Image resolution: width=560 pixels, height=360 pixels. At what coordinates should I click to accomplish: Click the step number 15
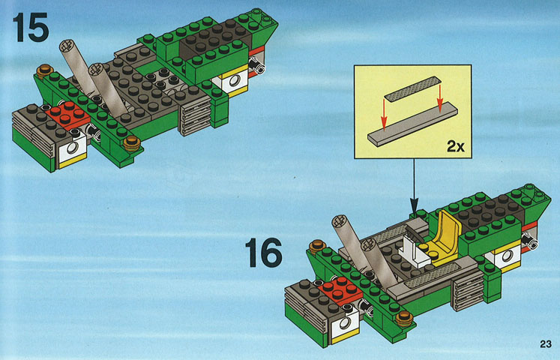pos(30,28)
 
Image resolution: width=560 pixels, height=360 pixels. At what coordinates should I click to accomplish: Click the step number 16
pos(264,253)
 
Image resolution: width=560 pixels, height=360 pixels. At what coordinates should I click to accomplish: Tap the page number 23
pos(546,344)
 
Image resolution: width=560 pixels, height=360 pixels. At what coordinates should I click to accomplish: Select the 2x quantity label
pos(456,146)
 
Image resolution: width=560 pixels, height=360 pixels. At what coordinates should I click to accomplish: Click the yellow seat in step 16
pos(444,238)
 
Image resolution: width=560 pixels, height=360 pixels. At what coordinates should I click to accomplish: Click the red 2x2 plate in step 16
pos(340,289)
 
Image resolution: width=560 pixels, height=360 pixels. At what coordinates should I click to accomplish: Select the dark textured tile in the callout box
pos(413,89)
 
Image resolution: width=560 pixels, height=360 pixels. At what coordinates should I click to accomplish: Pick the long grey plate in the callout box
pos(412,124)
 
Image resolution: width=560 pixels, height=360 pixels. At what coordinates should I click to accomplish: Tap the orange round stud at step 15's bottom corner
pos(132,142)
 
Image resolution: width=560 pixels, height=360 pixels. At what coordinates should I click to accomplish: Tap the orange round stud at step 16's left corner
pos(317,246)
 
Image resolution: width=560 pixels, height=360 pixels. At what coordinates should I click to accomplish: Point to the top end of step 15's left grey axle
pos(67,46)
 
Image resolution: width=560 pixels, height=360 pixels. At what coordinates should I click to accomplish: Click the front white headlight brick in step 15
pos(73,149)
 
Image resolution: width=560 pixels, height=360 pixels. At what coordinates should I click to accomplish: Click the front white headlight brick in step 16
pos(345,324)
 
